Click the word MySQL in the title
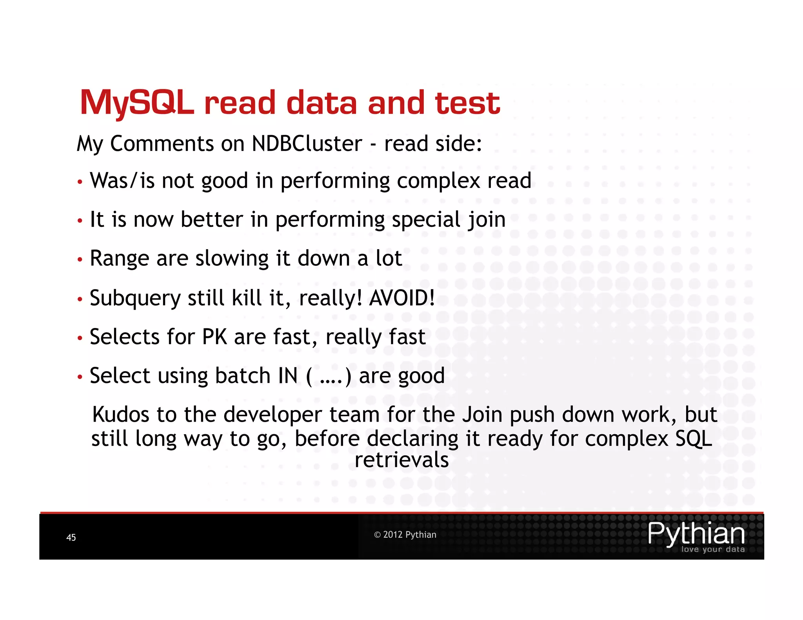137,103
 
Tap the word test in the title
467,103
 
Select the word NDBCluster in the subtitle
307,143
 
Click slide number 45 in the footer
71,537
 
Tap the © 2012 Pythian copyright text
405,535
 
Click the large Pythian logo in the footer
696,533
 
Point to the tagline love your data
713,549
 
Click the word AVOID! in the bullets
402,298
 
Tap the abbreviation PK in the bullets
214,337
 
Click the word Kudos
121,415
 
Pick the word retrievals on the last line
401,460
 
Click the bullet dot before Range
80,259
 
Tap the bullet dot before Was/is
80,182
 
